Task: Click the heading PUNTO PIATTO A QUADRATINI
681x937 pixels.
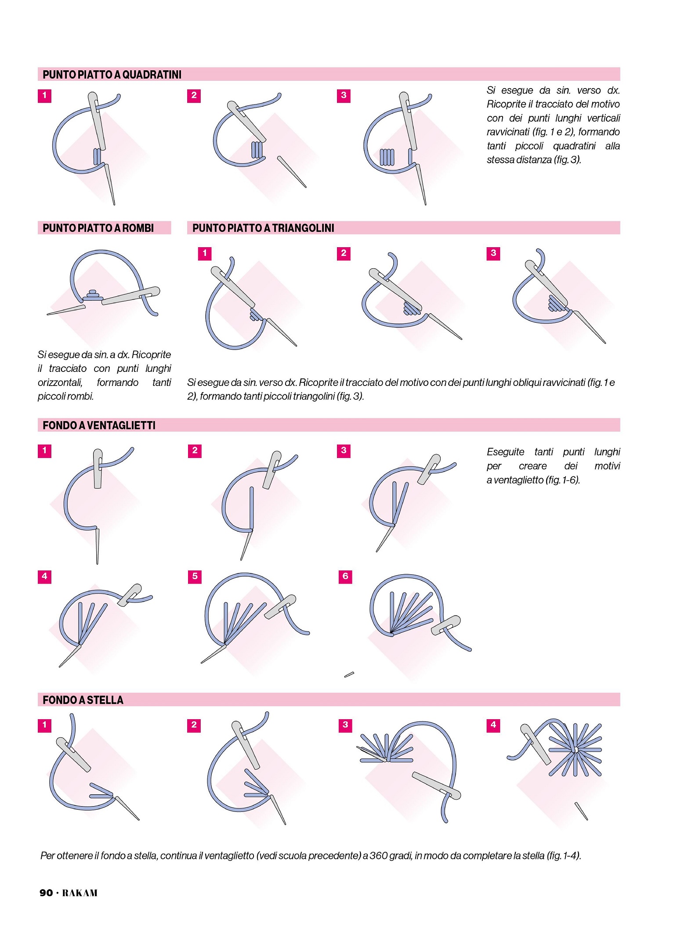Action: (112, 75)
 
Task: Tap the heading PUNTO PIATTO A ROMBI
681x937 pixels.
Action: (98, 228)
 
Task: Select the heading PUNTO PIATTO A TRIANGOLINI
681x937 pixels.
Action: (263, 228)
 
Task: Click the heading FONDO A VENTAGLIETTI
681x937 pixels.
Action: (99, 425)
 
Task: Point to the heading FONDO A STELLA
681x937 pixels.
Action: (83, 700)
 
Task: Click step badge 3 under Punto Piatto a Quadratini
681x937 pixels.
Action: (344, 95)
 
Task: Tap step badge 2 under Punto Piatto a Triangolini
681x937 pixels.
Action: (344, 253)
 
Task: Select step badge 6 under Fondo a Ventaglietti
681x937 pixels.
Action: (345, 577)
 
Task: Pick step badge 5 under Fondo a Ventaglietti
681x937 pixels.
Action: (195, 577)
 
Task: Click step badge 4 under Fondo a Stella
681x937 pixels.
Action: (493, 725)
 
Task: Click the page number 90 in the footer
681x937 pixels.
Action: (46, 893)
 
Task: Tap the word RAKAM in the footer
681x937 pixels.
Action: (80, 893)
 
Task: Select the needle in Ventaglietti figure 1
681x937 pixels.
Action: (98, 468)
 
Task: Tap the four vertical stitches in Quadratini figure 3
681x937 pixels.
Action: (387, 157)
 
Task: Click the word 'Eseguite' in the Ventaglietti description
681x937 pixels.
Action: (505, 452)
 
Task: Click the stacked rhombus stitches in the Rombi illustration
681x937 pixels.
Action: (93, 295)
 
